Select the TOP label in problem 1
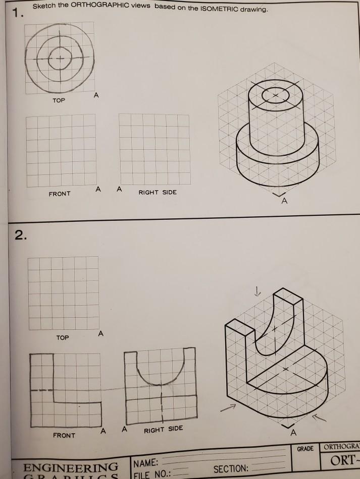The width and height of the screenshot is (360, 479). [58, 101]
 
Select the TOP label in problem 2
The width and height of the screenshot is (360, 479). [62, 337]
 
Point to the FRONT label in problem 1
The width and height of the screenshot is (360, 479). [60, 194]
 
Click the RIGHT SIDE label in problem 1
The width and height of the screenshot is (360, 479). [158, 192]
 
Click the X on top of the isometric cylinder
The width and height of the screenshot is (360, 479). [275, 95]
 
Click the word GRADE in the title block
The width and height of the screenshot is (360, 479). [305, 448]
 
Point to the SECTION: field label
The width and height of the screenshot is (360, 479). [230, 468]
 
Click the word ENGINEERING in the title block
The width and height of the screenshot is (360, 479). [71, 466]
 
